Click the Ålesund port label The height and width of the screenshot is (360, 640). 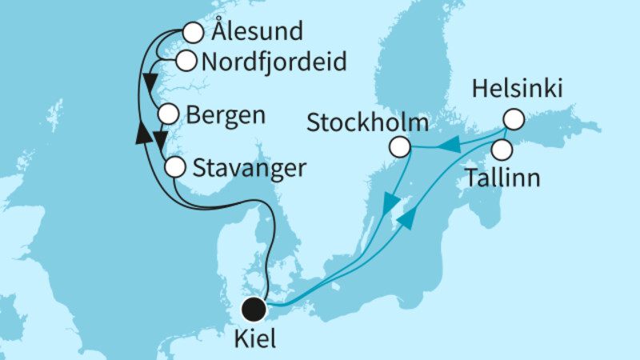coord(255,34)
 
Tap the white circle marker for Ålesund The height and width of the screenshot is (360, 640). coord(193,34)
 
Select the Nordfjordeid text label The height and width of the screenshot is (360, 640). coord(274,61)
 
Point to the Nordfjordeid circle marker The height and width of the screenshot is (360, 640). coord(186,60)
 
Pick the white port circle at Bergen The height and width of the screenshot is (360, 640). coord(168,114)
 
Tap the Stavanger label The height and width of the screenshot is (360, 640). coord(250,168)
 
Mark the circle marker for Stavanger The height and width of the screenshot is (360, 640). coord(175,168)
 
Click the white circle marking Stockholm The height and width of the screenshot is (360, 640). coord(400,147)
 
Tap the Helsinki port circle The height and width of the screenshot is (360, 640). coord(512,120)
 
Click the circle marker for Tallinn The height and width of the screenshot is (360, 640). coord(502,149)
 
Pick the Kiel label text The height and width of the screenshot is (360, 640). coord(256,339)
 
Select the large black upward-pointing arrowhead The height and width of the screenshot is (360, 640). coord(142,131)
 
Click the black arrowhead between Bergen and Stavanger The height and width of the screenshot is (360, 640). coord(159,141)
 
